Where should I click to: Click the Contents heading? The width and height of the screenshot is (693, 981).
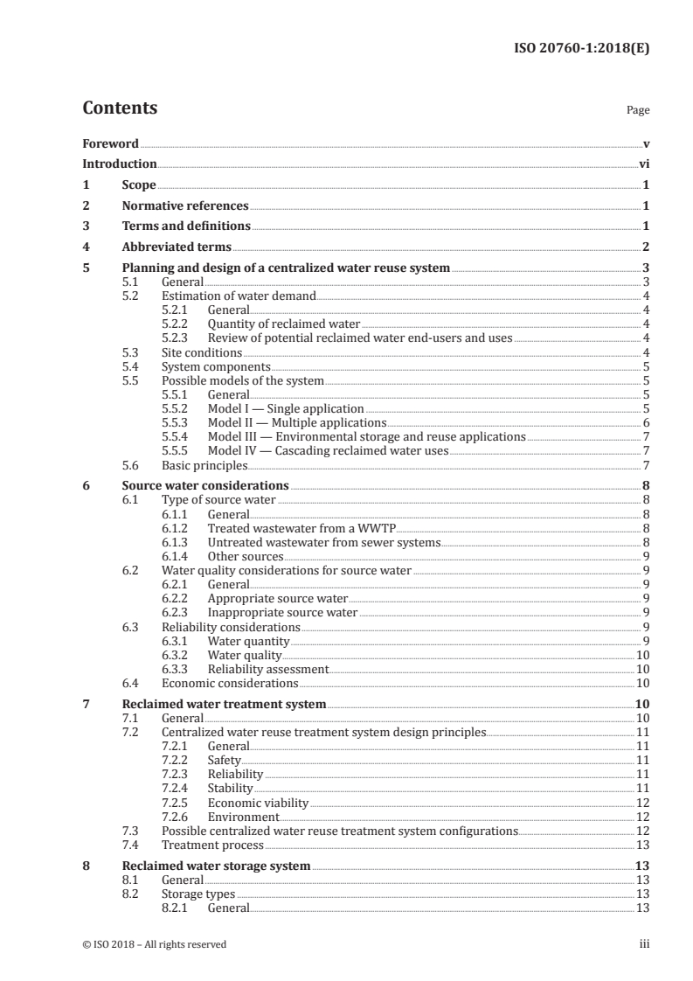click(120, 109)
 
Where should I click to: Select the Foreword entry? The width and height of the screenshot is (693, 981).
click(110, 143)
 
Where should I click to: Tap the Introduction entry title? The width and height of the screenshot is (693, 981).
click(120, 163)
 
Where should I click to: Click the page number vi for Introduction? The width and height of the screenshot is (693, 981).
click(643, 163)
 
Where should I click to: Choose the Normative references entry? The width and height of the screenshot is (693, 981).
click(185, 206)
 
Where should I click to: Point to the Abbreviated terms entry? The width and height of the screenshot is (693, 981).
click(177, 247)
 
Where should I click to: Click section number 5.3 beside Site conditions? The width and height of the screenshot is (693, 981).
click(130, 352)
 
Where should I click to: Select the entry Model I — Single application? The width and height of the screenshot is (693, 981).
click(286, 408)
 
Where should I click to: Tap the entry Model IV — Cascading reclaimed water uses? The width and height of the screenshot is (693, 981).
click(328, 450)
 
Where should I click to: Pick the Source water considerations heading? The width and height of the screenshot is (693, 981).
click(205, 485)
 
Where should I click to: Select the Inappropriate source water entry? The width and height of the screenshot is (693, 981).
click(282, 612)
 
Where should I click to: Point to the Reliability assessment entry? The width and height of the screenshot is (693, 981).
click(267, 669)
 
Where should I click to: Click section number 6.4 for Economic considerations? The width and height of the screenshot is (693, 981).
click(130, 683)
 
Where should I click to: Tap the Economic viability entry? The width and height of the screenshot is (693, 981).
click(258, 802)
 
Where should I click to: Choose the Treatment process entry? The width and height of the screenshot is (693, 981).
click(212, 845)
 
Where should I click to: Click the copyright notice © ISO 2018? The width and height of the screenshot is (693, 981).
click(155, 944)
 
